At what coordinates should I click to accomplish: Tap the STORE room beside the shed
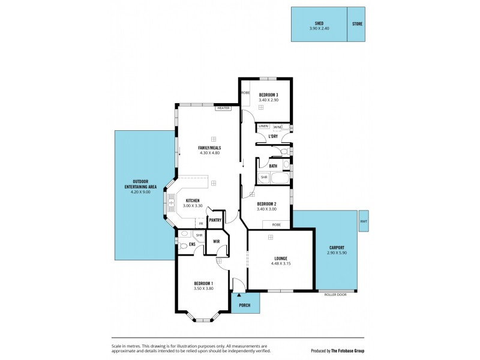(x=356, y=25)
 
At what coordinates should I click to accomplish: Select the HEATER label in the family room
(x=224, y=108)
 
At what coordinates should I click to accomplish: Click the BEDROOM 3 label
(x=268, y=95)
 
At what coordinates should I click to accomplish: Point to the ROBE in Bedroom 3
(x=245, y=93)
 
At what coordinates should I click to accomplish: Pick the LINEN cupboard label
(x=263, y=127)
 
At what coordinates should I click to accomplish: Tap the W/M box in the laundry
(x=277, y=127)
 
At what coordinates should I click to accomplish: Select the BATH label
(x=273, y=166)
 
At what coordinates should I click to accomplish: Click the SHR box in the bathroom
(x=263, y=178)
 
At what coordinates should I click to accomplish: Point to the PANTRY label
(x=215, y=220)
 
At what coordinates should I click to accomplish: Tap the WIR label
(x=217, y=241)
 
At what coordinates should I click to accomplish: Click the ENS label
(x=192, y=245)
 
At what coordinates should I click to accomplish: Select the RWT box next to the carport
(x=364, y=221)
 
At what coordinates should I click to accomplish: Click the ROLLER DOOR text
(x=335, y=295)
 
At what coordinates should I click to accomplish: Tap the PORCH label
(x=245, y=305)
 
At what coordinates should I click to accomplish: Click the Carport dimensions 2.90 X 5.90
(x=337, y=253)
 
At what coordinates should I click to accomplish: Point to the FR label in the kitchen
(x=200, y=224)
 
